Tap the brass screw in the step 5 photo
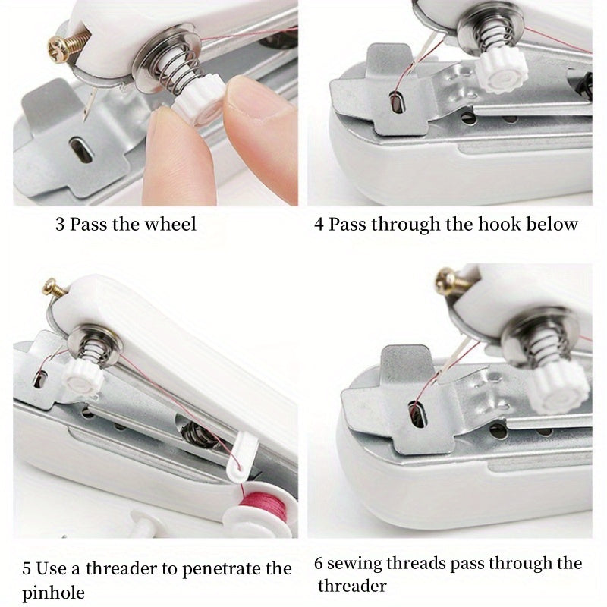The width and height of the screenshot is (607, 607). pos(52,288)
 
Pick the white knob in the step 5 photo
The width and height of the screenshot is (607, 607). pos(80,376)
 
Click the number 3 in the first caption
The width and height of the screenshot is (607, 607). pos(60,225)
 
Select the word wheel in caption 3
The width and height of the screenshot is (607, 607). pos(174,224)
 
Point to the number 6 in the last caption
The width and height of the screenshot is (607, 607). pos(319,564)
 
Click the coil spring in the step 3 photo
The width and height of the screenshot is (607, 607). pos(167,72)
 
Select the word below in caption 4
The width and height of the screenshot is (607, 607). pos(557,224)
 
